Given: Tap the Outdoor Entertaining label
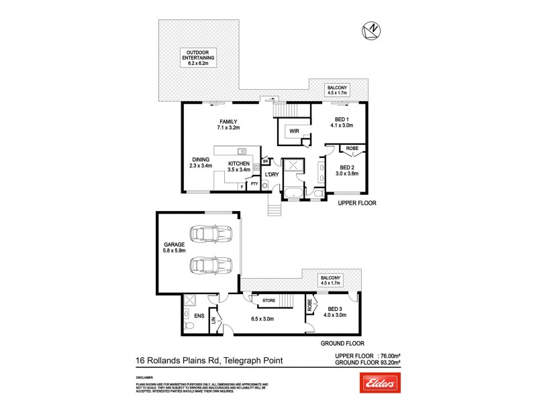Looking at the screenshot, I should tap(200, 56).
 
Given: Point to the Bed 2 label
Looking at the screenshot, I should tap(346, 170).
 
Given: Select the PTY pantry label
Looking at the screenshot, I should tap(254, 184).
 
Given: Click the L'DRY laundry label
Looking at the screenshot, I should tap(271, 175).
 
